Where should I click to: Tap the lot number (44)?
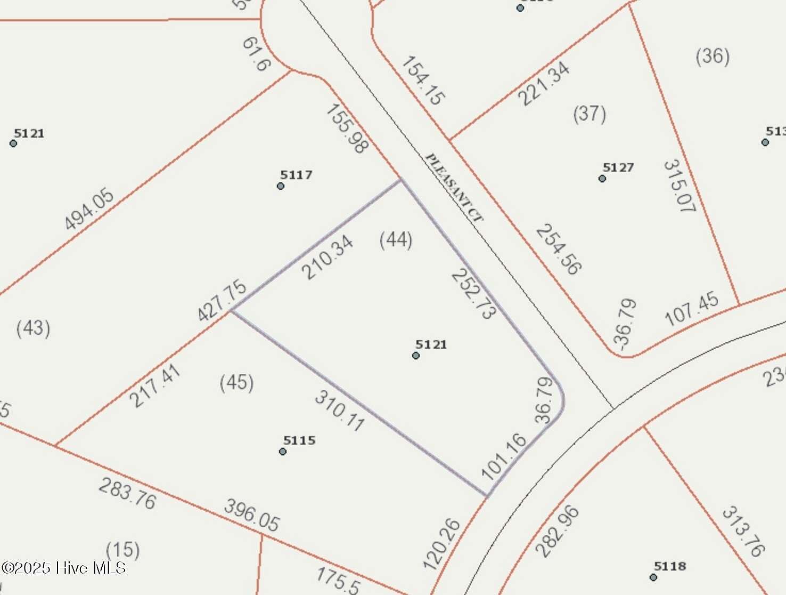pyautogui.click(x=396, y=240)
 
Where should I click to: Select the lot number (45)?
pyautogui.click(x=236, y=382)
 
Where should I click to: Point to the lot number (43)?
pyautogui.click(x=34, y=327)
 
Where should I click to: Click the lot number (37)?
pyautogui.click(x=589, y=114)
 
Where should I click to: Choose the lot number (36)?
pyautogui.click(x=713, y=56)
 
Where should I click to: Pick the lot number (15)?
pyautogui.click(x=123, y=549)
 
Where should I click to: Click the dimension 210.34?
pyautogui.click(x=327, y=258)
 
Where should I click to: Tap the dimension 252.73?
pyautogui.click(x=473, y=293)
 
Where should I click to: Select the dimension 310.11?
pyautogui.click(x=340, y=410)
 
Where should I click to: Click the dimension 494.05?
pyautogui.click(x=89, y=210)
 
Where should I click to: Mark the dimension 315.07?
pyautogui.click(x=679, y=186)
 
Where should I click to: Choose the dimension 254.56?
pyautogui.click(x=558, y=249)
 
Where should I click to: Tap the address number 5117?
pyautogui.click(x=296, y=175)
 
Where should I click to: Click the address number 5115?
pyautogui.click(x=299, y=440)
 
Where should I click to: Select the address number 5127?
pyautogui.click(x=618, y=167)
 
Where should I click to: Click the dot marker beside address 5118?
pyautogui.click(x=653, y=577)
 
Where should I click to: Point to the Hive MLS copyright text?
pyautogui.click(x=63, y=568)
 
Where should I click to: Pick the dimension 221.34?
pyautogui.click(x=544, y=84)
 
